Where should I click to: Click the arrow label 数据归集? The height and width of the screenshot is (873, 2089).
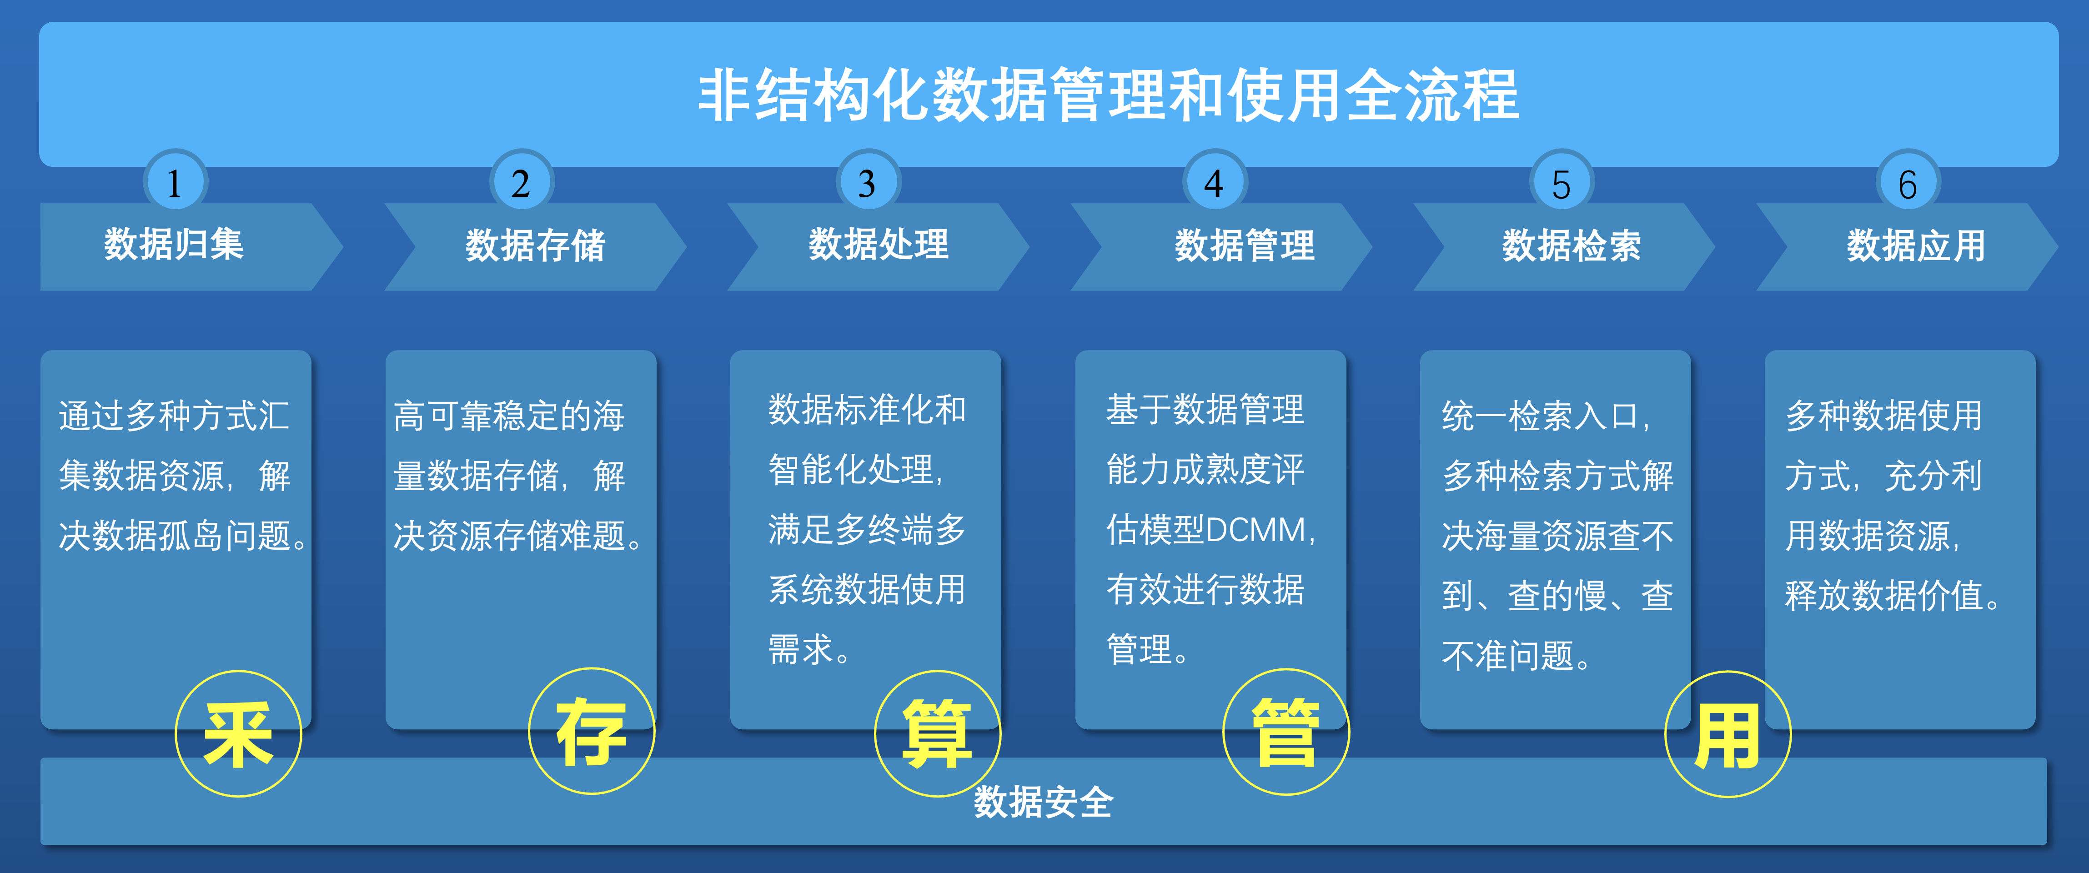tap(174, 244)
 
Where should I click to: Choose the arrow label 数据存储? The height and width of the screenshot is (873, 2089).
tap(535, 245)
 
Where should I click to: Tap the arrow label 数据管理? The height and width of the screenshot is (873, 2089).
tap(1245, 245)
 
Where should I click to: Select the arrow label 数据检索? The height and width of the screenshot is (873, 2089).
tap(1572, 245)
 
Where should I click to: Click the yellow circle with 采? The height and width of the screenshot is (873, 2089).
tap(238, 733)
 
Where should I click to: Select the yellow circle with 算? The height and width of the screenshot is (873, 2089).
tap(938, 733)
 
